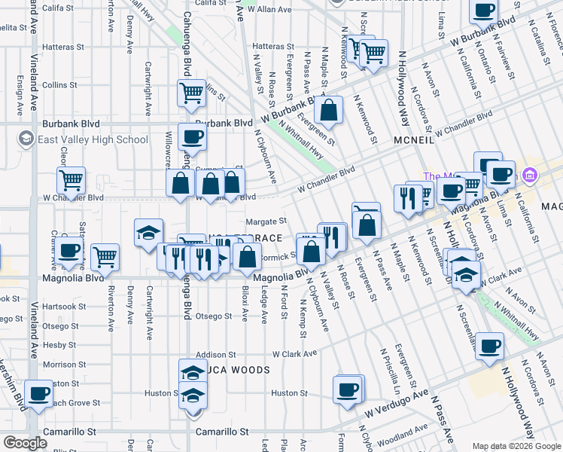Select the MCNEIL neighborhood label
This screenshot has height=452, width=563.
413,141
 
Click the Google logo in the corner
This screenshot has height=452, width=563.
24,443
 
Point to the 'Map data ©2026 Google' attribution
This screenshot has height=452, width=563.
516,446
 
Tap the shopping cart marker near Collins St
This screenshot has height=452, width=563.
192,94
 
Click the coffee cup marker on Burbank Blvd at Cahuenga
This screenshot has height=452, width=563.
192,137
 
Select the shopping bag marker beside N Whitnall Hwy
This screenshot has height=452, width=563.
328,110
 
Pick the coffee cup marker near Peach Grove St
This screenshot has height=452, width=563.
38,392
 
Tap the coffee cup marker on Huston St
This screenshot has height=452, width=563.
348,389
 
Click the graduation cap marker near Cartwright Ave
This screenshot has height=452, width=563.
148,232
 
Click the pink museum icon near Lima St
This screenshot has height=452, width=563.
529,176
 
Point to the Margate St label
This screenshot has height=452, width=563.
266,221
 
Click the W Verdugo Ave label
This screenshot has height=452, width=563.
396,404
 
